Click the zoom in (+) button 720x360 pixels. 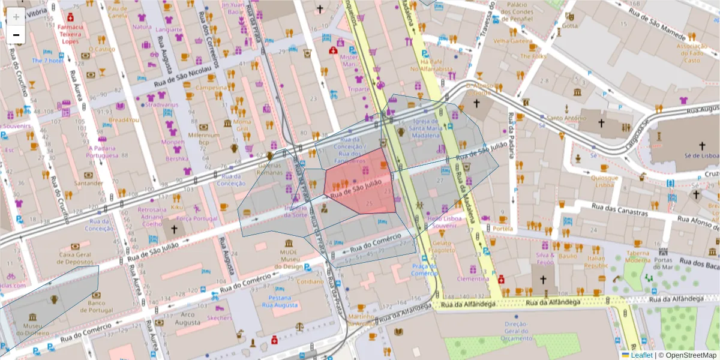coord(16,17)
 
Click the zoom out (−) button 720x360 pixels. coord(16,35)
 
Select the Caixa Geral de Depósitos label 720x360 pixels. coord(74,259)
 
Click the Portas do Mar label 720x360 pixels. coord(662,263)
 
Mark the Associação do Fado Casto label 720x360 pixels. coord(692,53)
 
